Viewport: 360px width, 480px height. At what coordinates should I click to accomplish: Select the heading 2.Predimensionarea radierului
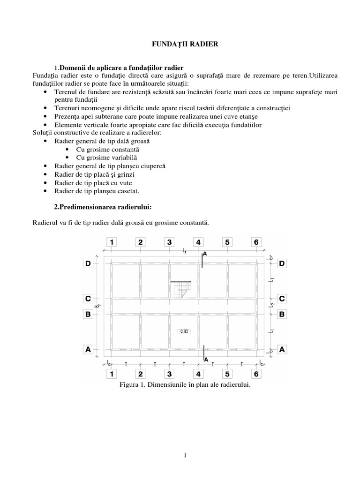click(104, 207)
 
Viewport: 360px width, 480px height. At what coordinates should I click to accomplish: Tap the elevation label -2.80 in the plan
click(184, 331)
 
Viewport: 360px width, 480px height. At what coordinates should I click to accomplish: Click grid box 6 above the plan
click(255, 242)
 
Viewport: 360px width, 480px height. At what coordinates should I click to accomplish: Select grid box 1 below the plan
click(112, 374)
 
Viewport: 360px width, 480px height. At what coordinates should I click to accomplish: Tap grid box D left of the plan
click(88, 264)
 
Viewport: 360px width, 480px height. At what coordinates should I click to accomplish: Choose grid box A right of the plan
click(282, 349)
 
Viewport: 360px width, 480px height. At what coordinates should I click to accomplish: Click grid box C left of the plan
click(88, 298)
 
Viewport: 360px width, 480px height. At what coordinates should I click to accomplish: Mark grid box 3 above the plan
click(169, 242)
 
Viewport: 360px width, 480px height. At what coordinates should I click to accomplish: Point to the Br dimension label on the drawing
click(97, 306)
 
